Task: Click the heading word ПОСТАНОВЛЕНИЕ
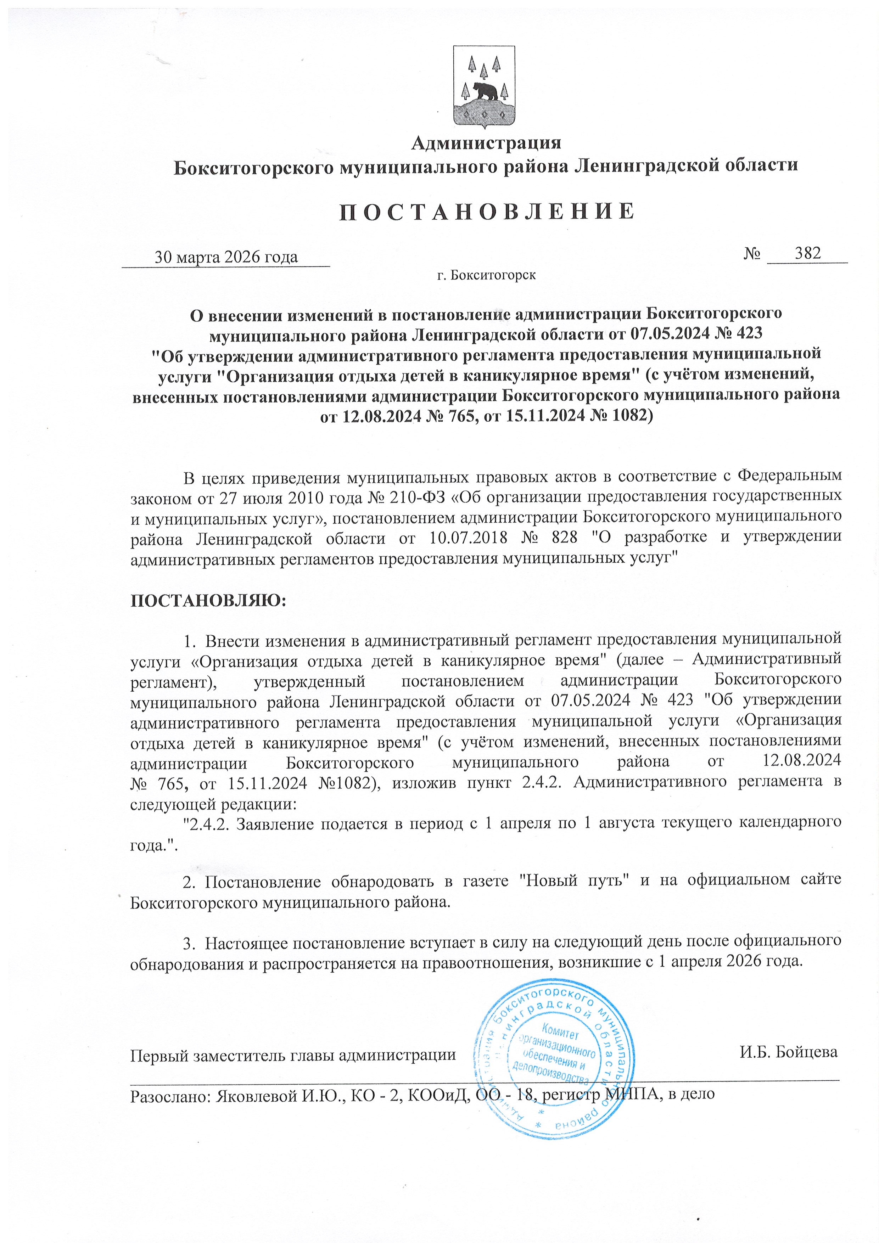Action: (486, 211)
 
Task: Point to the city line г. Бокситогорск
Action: (486, 275)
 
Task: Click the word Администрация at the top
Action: (486, 143)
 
